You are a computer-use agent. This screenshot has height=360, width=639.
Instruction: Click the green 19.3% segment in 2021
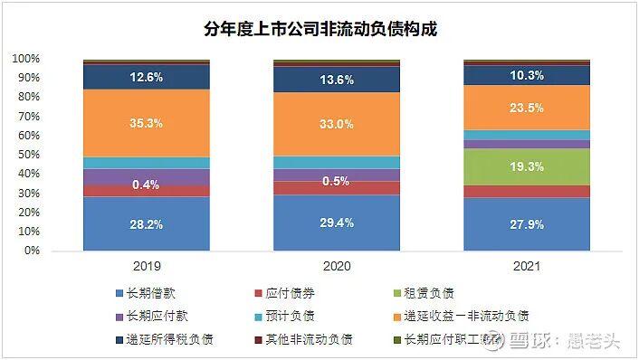pos(527,166)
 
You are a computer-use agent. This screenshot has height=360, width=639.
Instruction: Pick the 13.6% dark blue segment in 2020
pos(337,79)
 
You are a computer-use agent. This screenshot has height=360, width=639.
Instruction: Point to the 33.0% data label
pos(337,124)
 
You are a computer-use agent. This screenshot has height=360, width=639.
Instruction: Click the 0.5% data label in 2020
pos(337,181)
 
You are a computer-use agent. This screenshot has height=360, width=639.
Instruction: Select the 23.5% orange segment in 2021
pos(527,108)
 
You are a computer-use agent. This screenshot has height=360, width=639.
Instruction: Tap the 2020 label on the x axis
pos(337,267)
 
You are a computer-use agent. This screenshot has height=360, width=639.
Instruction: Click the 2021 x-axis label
pos(527,267)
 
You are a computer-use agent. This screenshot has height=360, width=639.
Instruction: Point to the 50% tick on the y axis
pos(26,155)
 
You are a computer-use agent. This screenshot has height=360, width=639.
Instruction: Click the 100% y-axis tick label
pos(24,59)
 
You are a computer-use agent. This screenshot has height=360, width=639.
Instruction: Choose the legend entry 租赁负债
pos(425,292)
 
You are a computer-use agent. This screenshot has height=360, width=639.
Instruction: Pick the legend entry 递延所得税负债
pos(167,339)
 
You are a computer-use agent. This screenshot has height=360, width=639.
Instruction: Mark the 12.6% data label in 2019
pos(146,78)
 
